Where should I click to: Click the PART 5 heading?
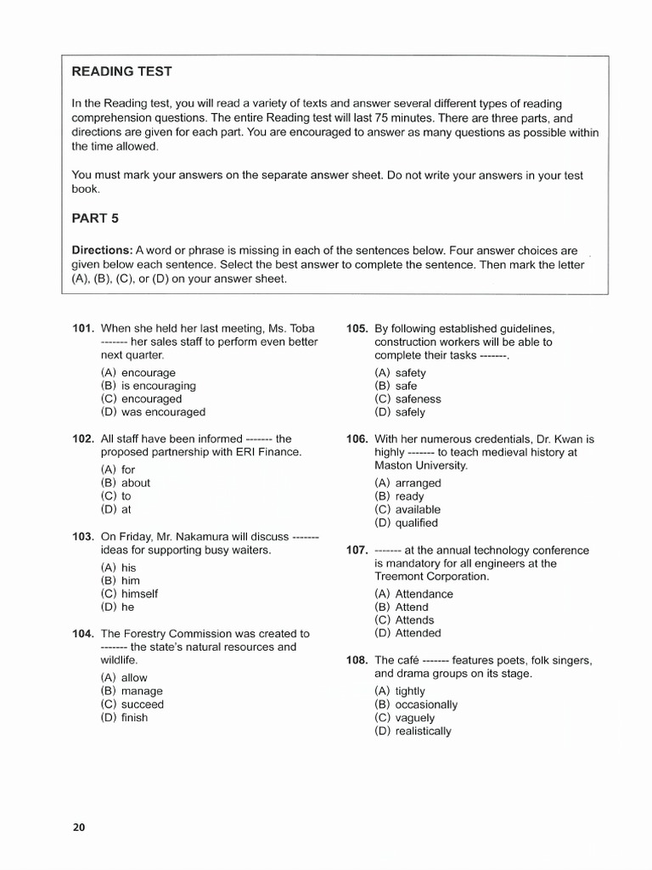click(95, 218)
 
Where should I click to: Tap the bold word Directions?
click(101, 251)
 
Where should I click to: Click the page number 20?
click(79, 827)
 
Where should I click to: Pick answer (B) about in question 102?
click(125, 483)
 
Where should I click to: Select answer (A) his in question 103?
click(118, 568)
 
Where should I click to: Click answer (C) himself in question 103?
click(129, 594)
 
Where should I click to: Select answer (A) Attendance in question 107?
click(413, 594)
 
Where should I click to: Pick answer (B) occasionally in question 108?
click(415, 704)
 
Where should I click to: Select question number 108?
click(357, 660)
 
